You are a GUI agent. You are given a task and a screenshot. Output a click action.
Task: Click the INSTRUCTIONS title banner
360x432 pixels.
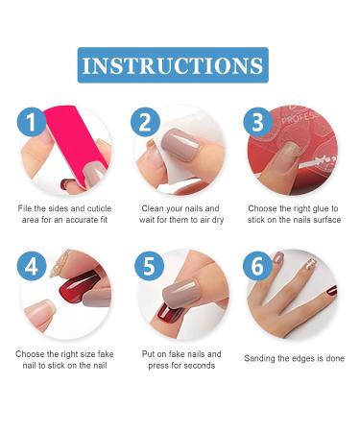pyautogui.click(x=173, y=65)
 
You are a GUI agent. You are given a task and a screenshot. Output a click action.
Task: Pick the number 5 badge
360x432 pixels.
pyautogui.click(x=148, y=266)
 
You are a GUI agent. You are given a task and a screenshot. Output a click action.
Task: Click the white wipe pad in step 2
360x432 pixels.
pyautogui.click(x=179, y=133)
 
